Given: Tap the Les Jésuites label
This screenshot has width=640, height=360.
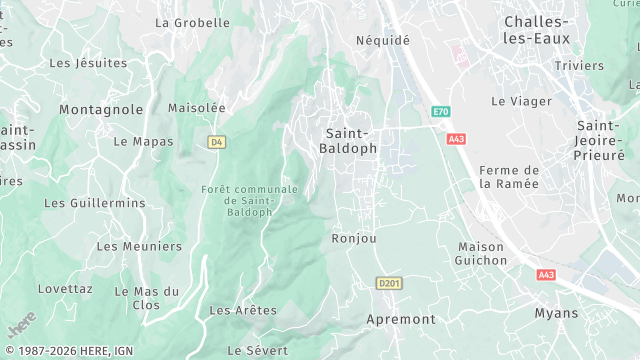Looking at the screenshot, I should point(88,63).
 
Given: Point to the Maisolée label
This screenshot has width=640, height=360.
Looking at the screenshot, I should point(196,108).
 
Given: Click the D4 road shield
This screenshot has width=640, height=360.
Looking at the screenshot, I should point(217,142).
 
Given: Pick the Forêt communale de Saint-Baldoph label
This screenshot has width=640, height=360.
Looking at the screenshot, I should point(249,200).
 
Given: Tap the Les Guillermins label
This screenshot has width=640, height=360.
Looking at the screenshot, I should point(95,203).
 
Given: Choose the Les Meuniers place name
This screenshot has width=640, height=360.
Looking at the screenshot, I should point(139,246).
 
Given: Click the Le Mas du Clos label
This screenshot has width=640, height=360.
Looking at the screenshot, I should point(146,298).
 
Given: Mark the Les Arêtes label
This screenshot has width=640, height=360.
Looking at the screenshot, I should point(243,311).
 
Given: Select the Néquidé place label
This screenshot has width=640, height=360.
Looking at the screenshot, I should point(383,41).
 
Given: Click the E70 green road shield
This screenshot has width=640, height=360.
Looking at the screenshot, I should point(441,112).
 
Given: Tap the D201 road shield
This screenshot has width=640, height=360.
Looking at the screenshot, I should point(388,284).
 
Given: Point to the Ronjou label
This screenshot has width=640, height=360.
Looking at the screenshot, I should point(354,239).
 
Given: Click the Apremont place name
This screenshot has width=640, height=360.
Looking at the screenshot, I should point(401,319).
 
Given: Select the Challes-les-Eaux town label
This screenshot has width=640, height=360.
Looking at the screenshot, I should point(537,30).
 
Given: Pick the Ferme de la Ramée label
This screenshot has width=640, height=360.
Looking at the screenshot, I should point(509,177).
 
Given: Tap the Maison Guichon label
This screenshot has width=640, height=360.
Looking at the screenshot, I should point(482,253).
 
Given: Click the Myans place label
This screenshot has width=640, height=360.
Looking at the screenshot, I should point(556,313).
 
